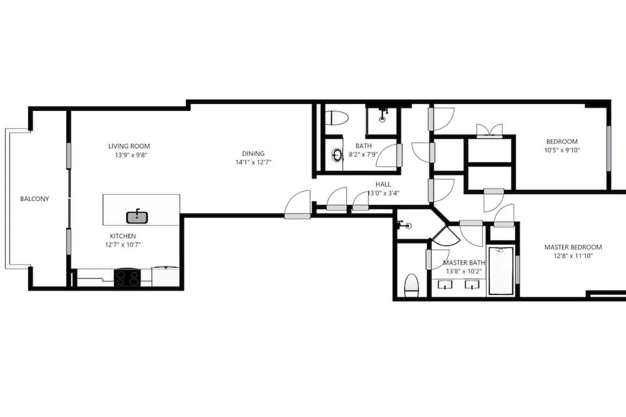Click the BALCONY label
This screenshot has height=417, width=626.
[34, 198]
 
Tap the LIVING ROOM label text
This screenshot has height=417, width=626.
[129, 146]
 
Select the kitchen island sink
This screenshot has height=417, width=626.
[137, 217]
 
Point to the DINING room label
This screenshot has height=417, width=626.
[253, 153]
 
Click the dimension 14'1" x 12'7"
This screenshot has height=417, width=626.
[253, 162]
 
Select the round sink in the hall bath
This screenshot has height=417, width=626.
[337, 155]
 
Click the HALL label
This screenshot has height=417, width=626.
[383, 184]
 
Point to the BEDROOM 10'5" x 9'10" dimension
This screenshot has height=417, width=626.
[562, 150]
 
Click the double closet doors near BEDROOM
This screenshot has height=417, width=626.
[490, 131]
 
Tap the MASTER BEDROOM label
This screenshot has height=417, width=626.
[573, 247]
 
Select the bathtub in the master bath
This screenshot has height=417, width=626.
[501, 271]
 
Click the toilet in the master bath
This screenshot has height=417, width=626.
[411, 286]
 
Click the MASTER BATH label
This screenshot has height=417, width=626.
[464, 263]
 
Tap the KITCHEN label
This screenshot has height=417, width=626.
[123, 236]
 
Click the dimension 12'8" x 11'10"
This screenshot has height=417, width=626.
[573, 256]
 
